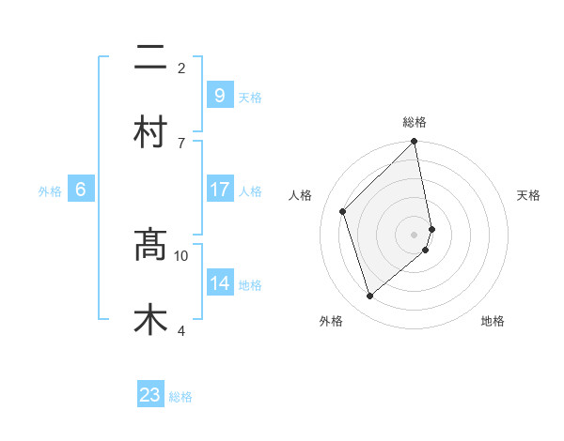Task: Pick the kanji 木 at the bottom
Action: [150, 318]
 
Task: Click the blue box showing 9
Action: [219, 95]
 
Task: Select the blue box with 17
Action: [219, 190]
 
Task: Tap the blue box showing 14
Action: [219, 283]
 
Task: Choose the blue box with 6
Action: [80, 190]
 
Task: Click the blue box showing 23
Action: [150, 395]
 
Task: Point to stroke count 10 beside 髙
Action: [181, 255]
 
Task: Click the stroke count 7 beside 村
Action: [181, 143]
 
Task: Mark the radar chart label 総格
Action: [415, 122]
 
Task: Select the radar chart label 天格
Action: [529, 195]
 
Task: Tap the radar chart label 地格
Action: [493, 321]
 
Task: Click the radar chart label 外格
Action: [331, 321]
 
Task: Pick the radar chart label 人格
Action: [301, 195]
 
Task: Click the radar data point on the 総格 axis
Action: [415, 142]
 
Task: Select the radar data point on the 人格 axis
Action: [343, 211]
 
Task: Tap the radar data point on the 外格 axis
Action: [369, 297]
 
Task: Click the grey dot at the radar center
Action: [415, 235]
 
